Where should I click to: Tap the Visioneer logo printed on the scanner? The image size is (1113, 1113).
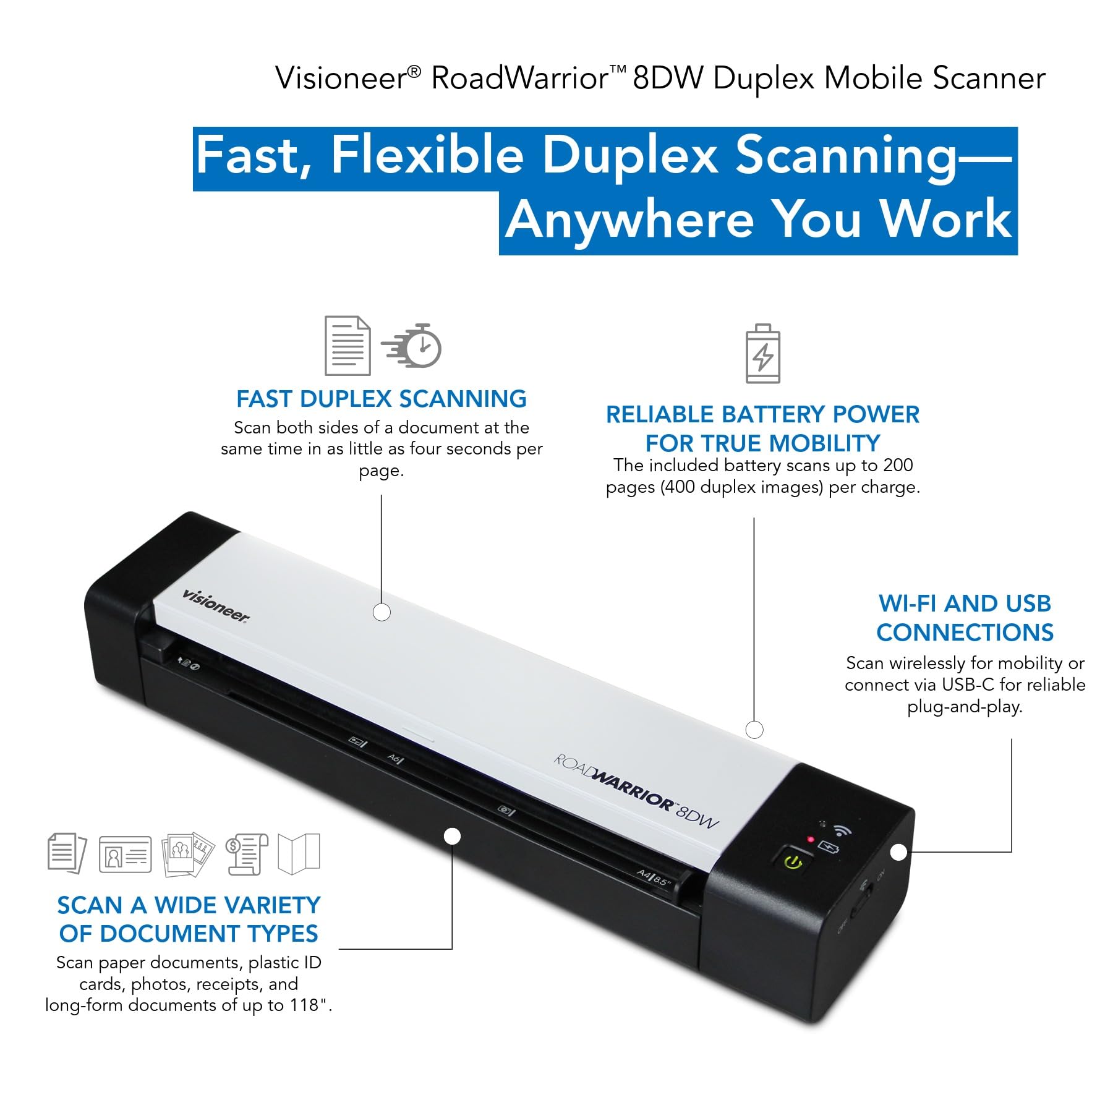click(216, 606)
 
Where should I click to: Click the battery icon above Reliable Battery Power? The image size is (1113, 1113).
click(763, 353)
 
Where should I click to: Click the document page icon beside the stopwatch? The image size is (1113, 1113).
click(348, 346)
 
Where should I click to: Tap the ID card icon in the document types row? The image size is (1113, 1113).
click(125, 855)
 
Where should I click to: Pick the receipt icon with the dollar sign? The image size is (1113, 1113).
click(247, 854)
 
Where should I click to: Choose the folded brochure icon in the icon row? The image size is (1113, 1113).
click(299, 854)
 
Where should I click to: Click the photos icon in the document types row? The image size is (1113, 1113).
click(187, 854)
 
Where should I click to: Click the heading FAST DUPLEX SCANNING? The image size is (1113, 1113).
click(382, 399)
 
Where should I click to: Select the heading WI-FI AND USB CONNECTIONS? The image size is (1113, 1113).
click(965, 618)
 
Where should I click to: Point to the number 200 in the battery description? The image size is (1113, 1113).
click(897, 465)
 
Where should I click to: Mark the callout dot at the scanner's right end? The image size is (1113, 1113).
click(899, 852)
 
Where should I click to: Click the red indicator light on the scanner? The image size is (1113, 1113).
click(810, 839)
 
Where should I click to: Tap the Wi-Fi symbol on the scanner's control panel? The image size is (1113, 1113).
click(842, 830)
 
